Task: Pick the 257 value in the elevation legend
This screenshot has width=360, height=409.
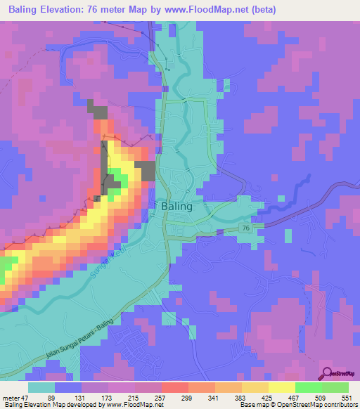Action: tap(160, 398)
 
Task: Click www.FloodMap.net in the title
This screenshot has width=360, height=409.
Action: tap(212, 11)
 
